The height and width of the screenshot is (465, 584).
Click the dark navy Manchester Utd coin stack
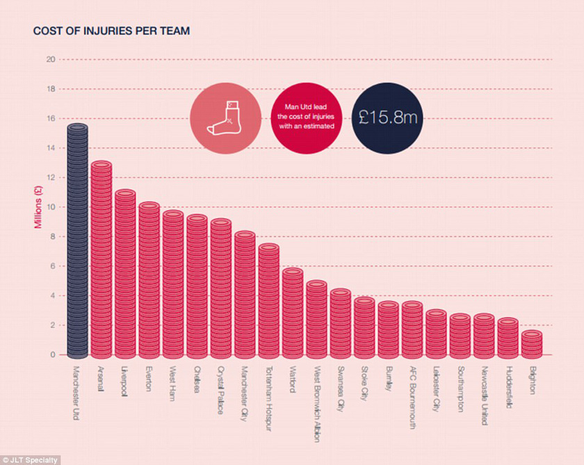coord(77,240)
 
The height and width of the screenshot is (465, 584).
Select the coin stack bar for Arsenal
coord(101,259)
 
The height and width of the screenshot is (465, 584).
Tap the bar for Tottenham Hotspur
coord(268,300)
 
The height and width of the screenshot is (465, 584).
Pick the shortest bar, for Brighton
coord(531,343)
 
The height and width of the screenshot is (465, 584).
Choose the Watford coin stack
coord(292,311)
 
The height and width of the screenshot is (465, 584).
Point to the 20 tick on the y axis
coord(50,60)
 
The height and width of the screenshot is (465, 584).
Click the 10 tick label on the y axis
coord(50,207)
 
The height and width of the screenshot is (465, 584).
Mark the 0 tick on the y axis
coord(52,354)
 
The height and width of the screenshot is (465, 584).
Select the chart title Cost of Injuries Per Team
coord(112,31)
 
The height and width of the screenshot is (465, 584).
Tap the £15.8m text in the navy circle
coord(388,117)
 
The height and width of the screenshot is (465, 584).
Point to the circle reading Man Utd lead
coord(306,117)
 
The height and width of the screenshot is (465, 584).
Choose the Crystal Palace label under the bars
coord(220,389)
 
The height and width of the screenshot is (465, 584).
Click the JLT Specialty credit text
coord(31,460)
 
